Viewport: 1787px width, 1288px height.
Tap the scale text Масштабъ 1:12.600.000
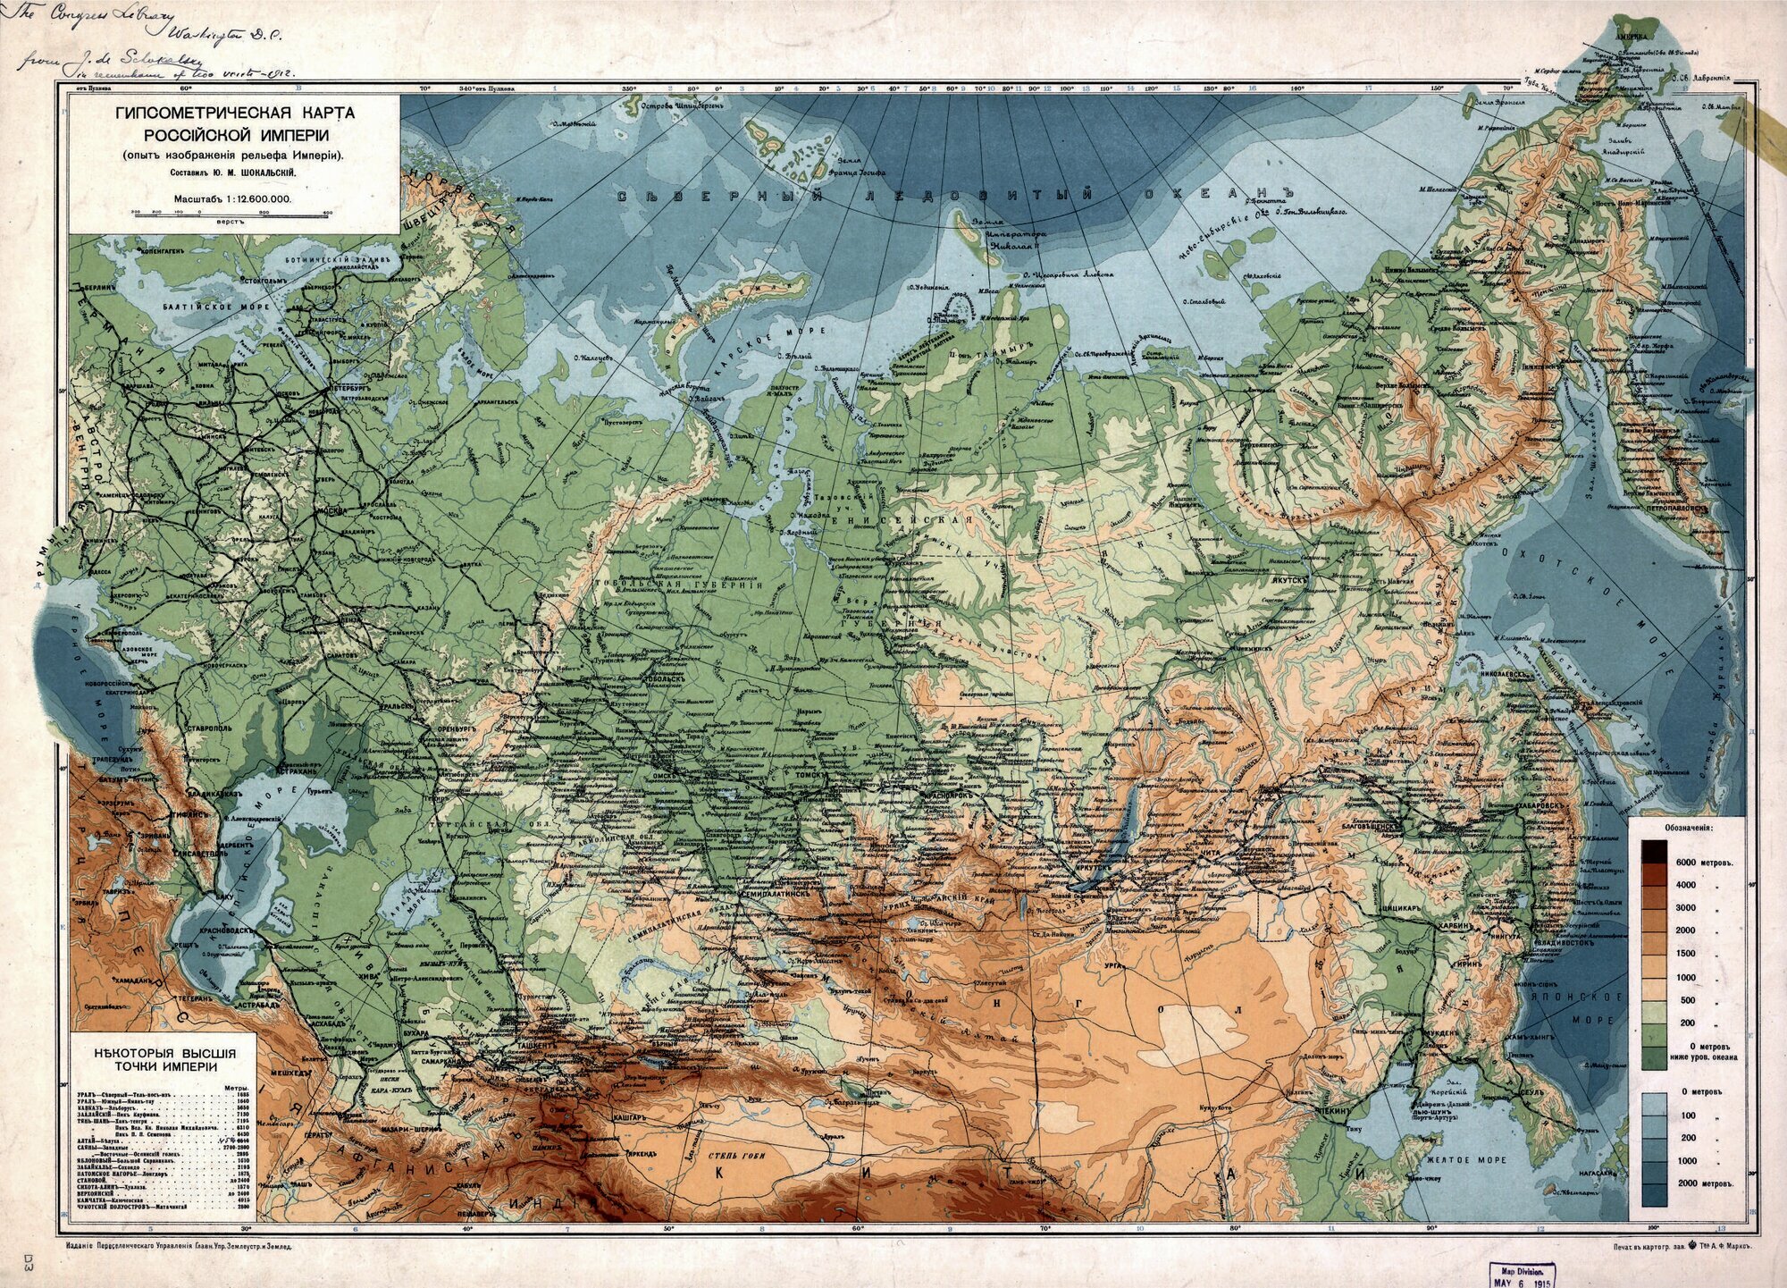pos(231,202)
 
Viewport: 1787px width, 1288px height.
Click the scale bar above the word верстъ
pos(231,214)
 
